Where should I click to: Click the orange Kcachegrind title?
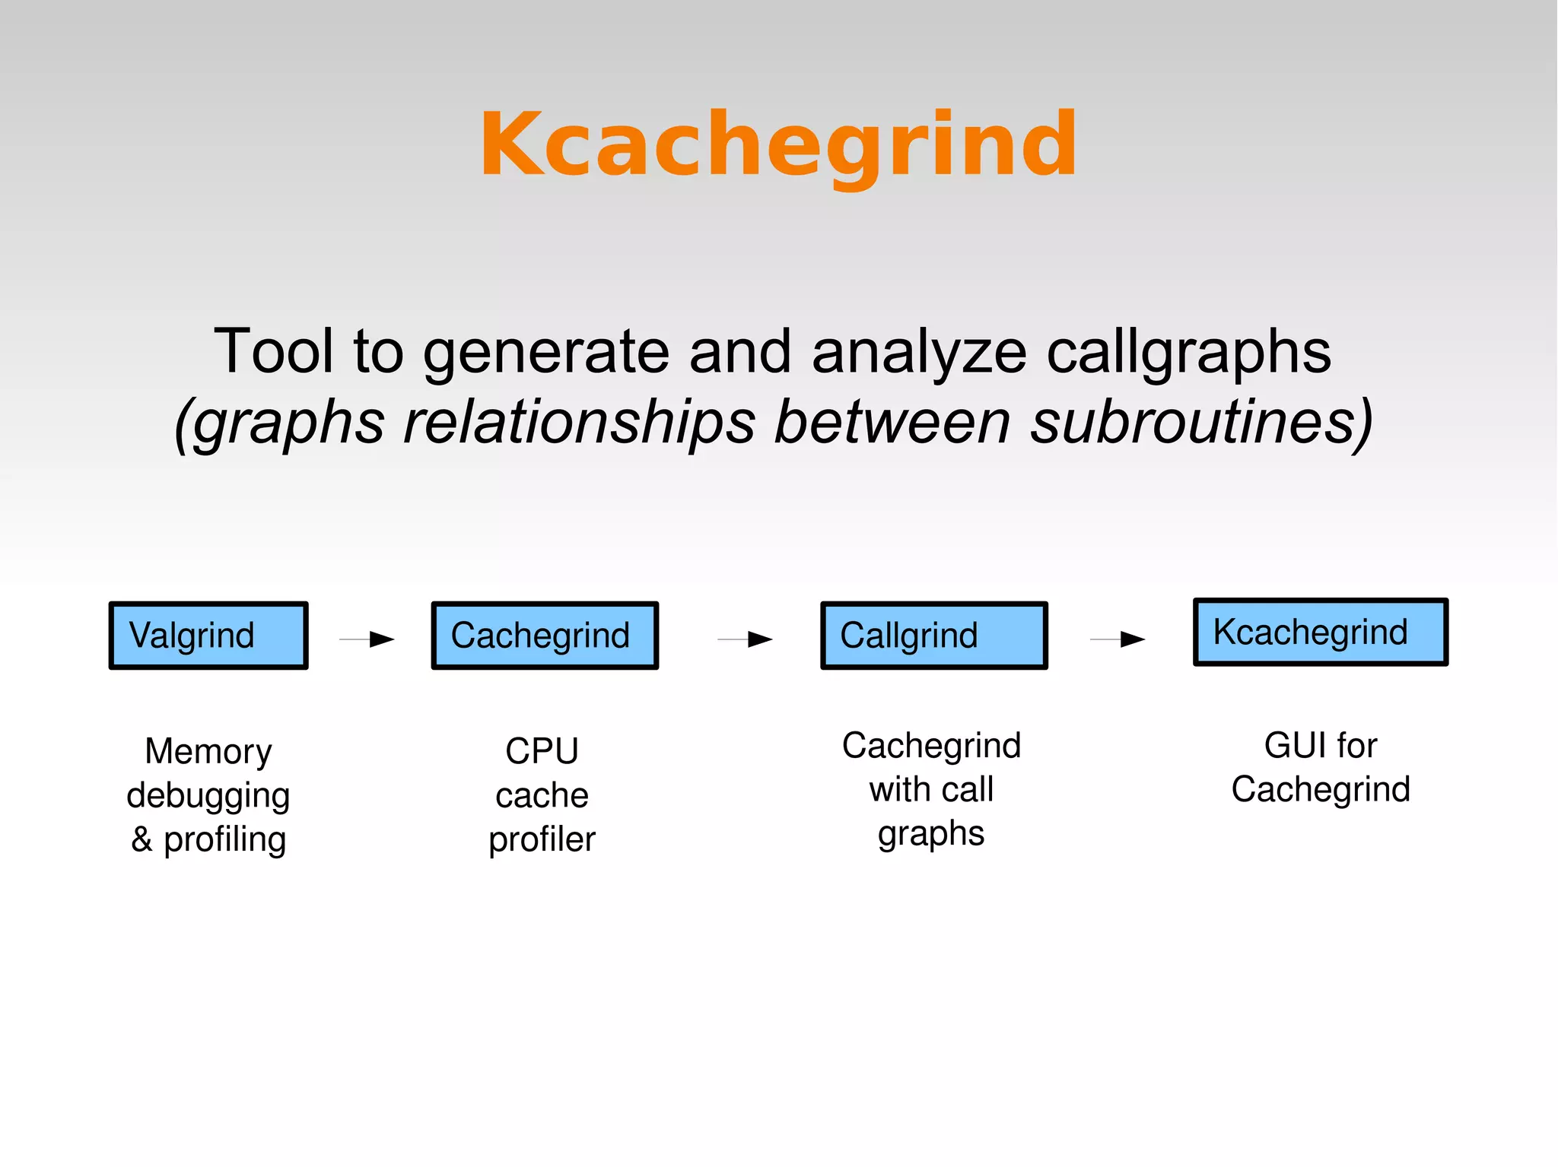tap(778, 144)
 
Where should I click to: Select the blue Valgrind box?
tap(208, 636)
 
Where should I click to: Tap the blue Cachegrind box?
tap(544, 636)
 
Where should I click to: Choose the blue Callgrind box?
tap(933, 636)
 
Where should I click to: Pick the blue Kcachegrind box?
tap(1320, 632)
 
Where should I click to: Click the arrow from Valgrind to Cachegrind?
tap(367, 639)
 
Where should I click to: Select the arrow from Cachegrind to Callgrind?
tap(746, 639)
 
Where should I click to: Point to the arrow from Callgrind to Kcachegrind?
tap(1118, 639)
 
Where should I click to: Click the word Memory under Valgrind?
tap(208, 751)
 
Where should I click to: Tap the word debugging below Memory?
tap(208, 795)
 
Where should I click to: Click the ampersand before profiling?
tap(141, 839)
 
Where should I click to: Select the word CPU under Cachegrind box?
tap(542, 751)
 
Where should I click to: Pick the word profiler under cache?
tap(542, 839)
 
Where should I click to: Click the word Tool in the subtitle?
tap(273, 351)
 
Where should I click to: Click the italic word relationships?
tap(579, 422)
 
